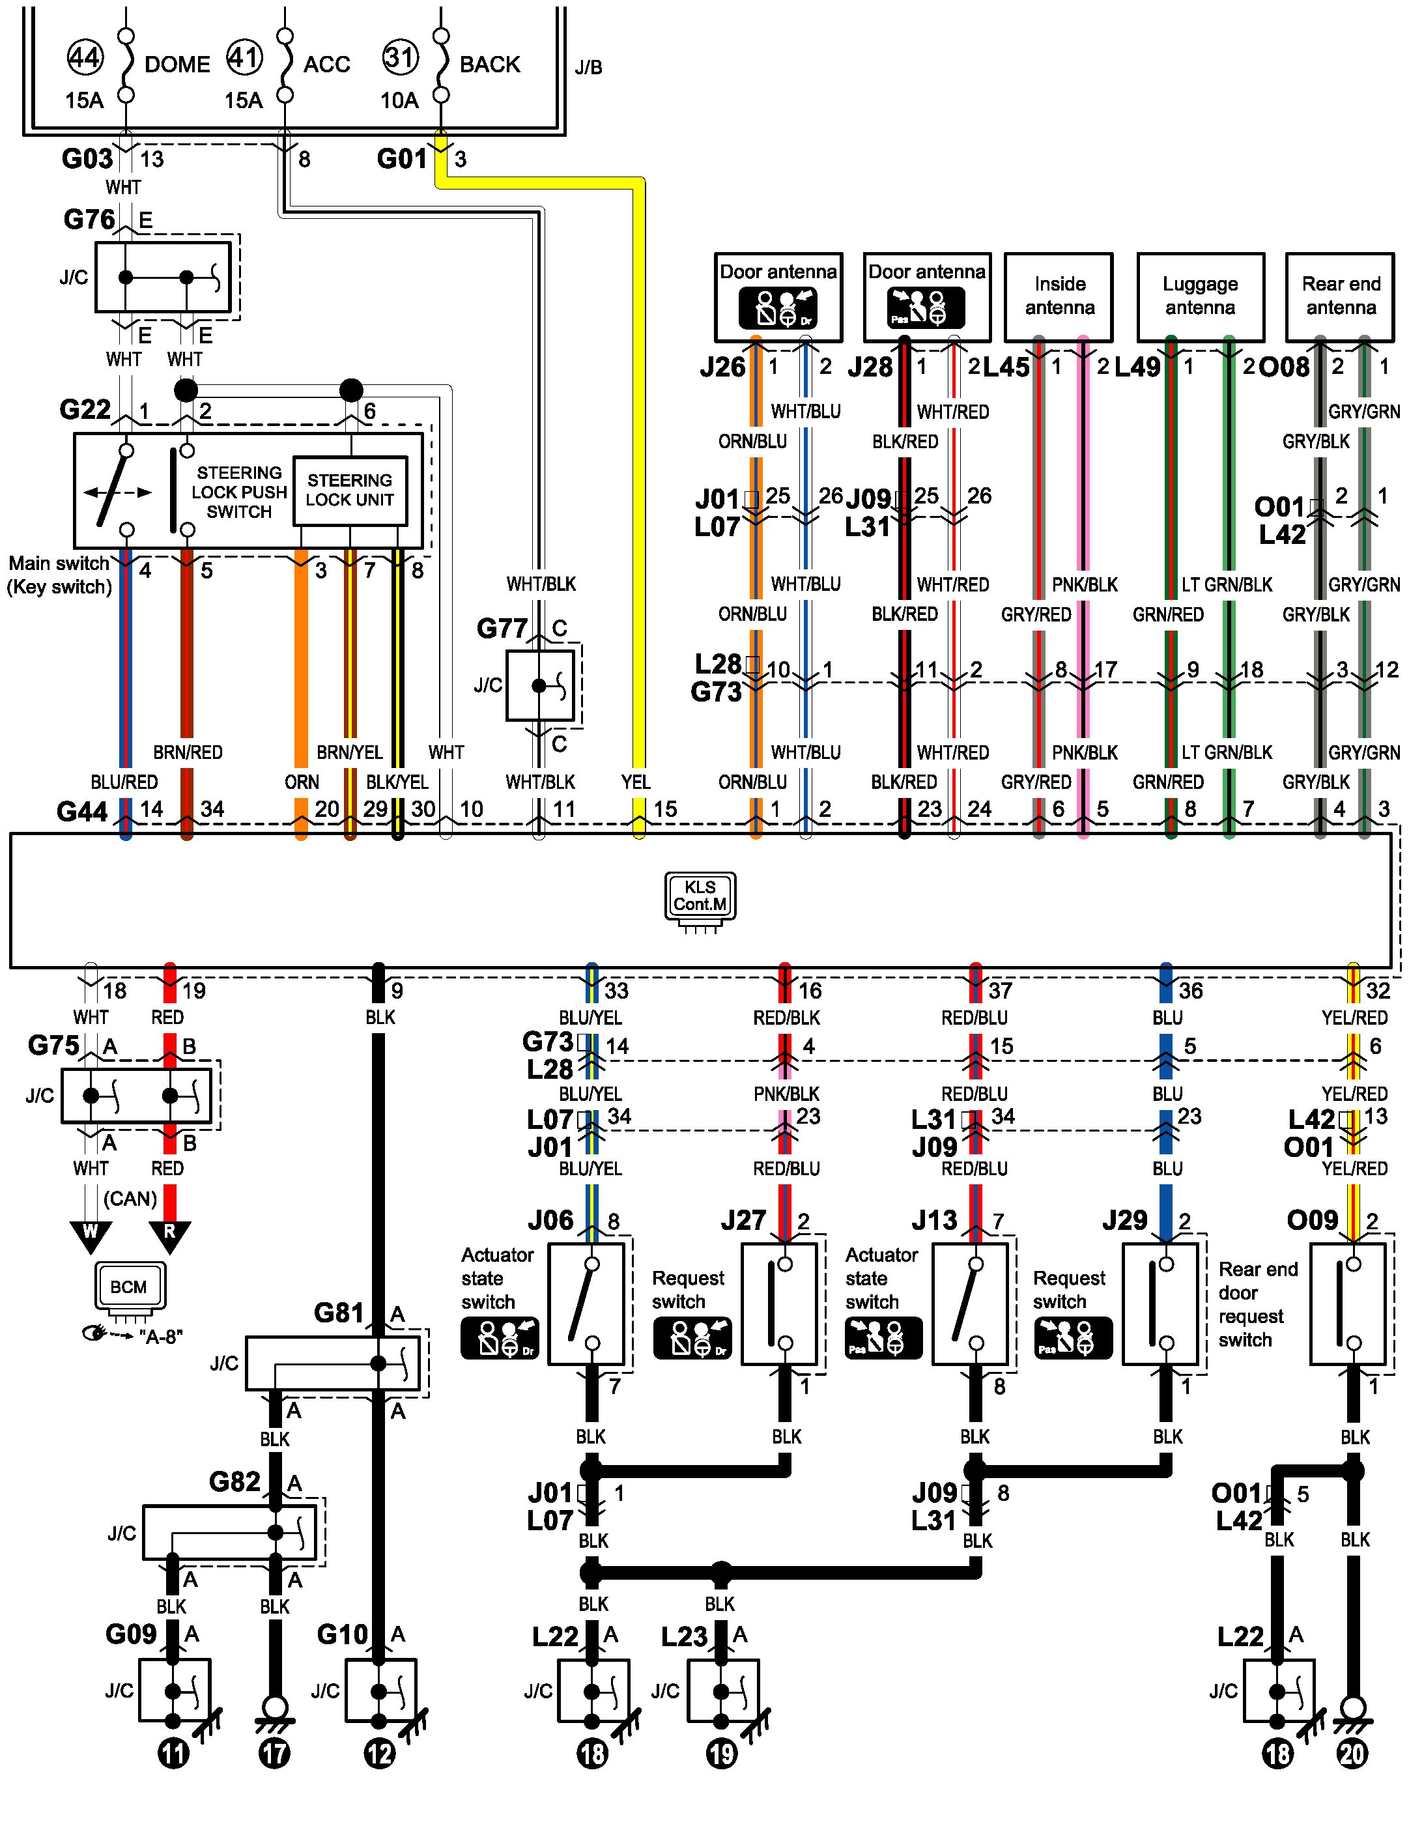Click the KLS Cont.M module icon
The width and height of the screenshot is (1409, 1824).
(700, 896)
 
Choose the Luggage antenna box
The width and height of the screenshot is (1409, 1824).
(1199, 296)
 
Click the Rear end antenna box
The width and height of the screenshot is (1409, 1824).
(1340, 296)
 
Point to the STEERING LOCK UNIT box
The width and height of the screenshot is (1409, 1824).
(350, 491)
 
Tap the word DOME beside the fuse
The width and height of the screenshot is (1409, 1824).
(177, 64)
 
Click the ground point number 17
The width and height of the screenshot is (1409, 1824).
(275, 1754)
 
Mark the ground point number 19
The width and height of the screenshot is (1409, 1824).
(722, 1754)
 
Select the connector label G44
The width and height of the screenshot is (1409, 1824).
(82, 811)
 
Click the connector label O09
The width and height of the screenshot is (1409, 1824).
(1312, 1220)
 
